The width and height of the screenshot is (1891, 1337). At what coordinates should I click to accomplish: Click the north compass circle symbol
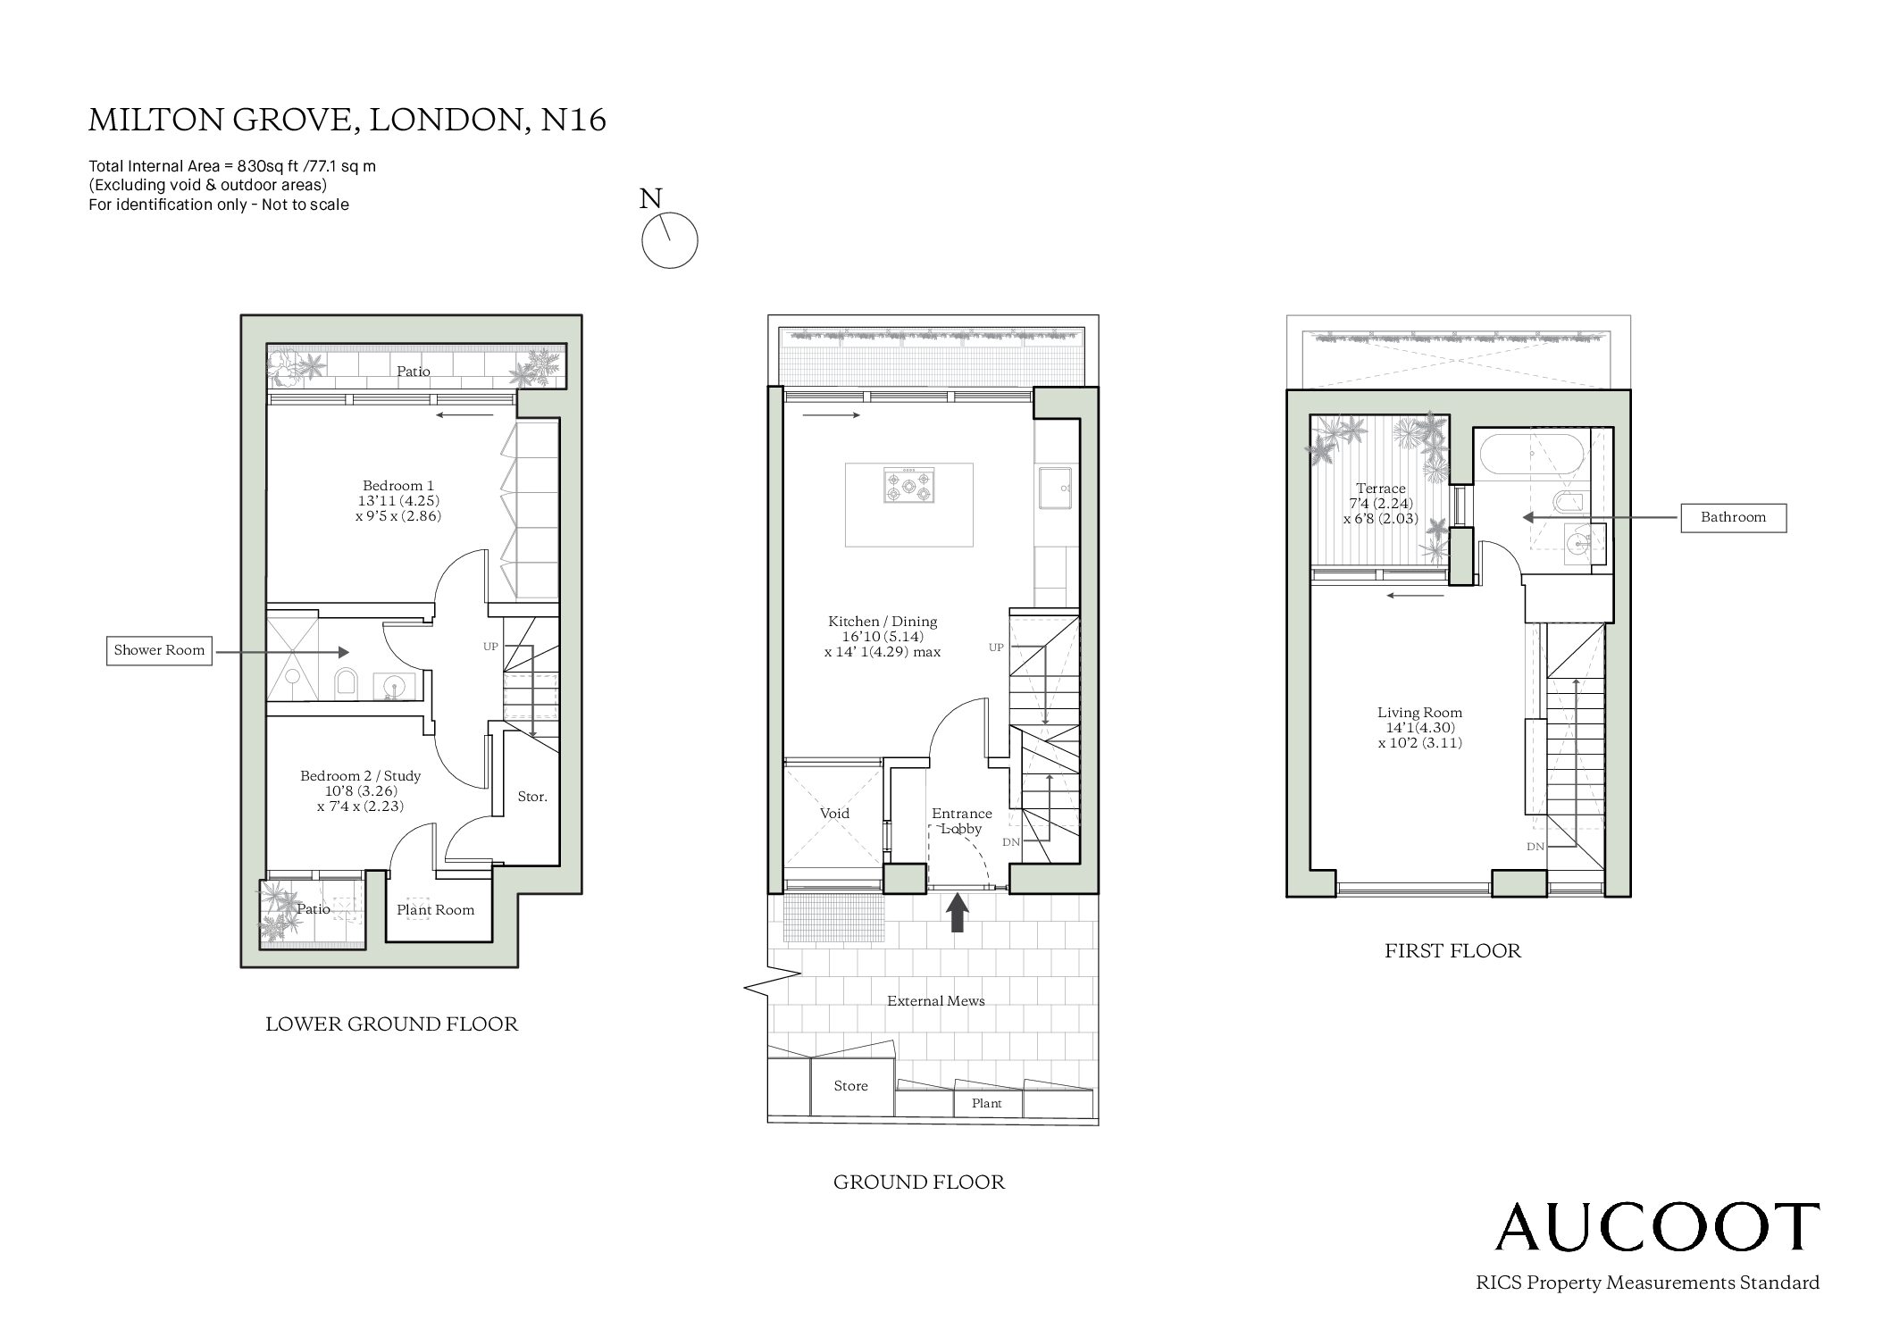pos(670,240)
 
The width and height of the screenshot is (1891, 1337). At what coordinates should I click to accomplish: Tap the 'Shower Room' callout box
pos(159,651)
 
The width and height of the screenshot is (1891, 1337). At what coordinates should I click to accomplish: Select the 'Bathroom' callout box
pos(1733,518)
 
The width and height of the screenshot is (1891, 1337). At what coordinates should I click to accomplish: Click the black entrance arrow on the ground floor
pos(958,914)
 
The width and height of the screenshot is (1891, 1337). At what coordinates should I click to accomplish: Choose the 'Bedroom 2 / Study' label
pos(360,776)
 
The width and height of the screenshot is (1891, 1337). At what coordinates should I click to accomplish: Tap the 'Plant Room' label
pos(436,910)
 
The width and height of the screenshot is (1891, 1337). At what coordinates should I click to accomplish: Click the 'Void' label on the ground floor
pos(834,814)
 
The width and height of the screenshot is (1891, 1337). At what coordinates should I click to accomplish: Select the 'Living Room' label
pos(1419,713)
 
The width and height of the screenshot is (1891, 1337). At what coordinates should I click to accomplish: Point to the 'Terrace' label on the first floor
pos(1381,489)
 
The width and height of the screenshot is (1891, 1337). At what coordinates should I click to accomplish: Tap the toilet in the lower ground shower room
pos(346,684)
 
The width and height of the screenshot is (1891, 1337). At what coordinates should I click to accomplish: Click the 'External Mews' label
pos(935,1001)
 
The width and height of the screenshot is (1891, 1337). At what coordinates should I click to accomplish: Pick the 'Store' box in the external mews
pos(851,1087)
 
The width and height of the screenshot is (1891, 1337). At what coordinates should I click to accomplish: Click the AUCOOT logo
pos(1658,1227)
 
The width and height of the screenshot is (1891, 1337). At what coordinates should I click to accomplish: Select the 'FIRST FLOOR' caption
pos(1452,951)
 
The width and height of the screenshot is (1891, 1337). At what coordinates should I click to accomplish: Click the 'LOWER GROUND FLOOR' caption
pos(392,1024)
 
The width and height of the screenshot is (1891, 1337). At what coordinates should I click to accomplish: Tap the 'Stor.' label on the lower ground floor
pos(532,797)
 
